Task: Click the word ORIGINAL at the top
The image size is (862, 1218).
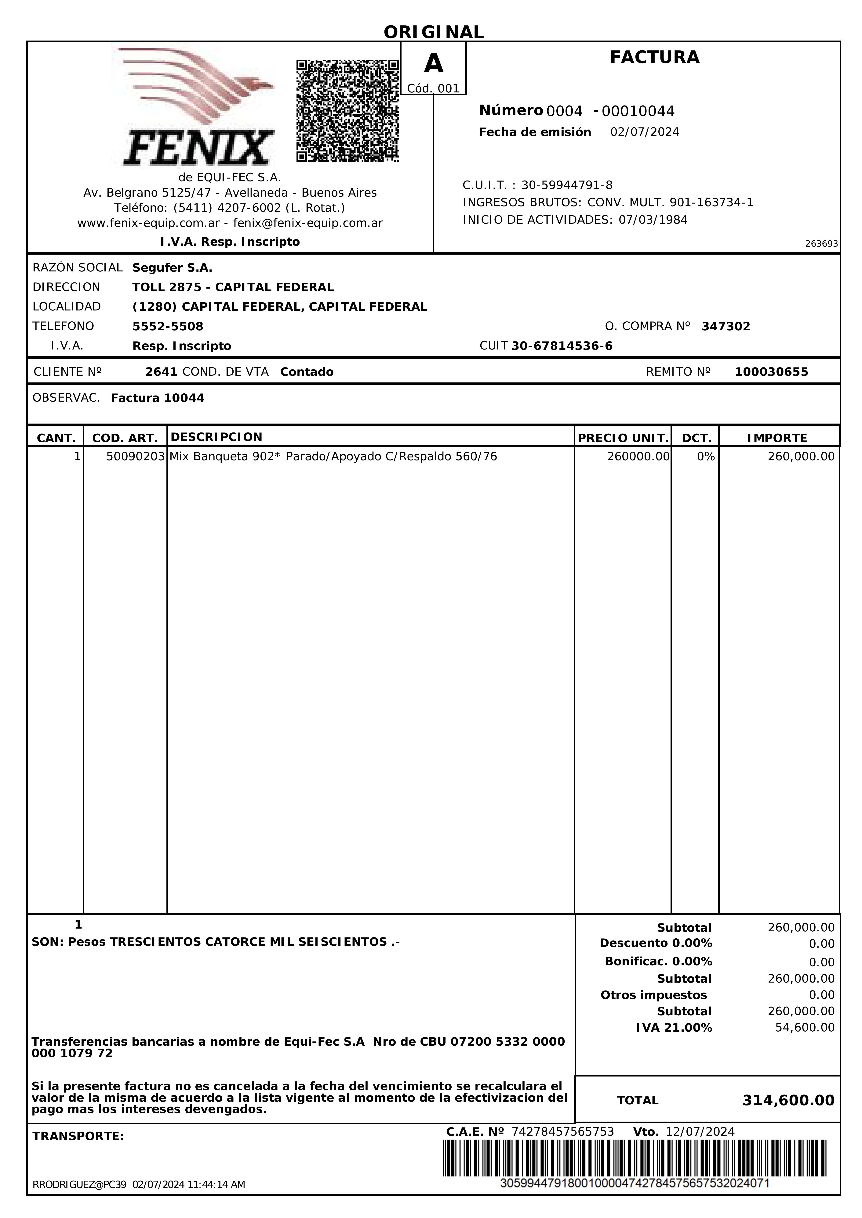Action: coord(434,32)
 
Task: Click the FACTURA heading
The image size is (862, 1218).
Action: coord(654,57)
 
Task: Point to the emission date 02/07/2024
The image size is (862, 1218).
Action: coord(644,132)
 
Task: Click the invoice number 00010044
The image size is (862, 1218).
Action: coord(638,111)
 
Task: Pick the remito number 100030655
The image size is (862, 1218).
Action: coord(771,372)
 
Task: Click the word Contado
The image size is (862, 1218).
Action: coord(307,372)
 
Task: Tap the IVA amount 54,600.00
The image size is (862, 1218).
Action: coord(805,1028)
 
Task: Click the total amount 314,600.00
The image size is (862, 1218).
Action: coord(788,1101)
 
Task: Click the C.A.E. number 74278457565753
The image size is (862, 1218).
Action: coord(563,1132)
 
